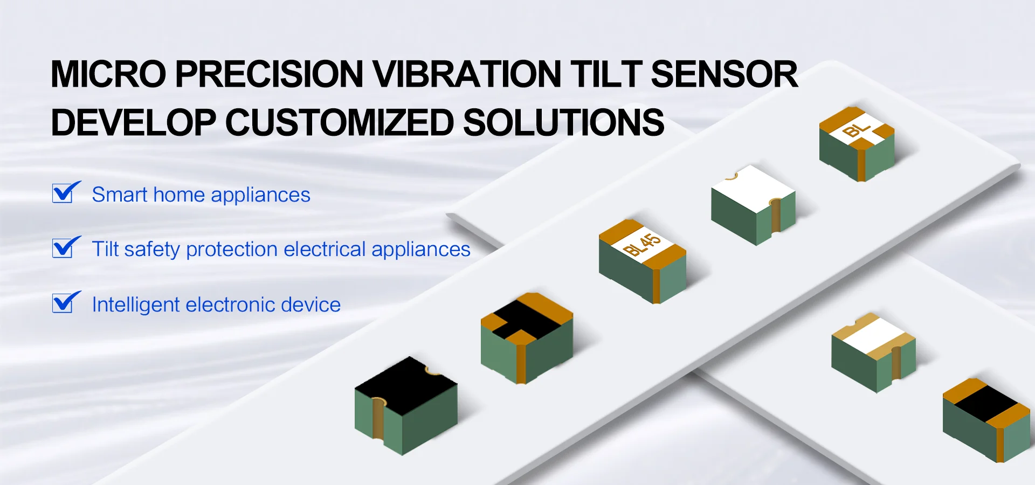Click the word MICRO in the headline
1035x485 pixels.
[x=108, y=74]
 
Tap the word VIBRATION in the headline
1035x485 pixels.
[x=467, y=74]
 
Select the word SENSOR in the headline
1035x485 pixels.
[x=724, y=74]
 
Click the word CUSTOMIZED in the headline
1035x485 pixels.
[x=339, y=123]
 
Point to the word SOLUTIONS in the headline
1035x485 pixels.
[x=564, y=123]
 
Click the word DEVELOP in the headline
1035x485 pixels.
[x=133, y=123]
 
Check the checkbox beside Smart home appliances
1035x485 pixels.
[x=66, y=192]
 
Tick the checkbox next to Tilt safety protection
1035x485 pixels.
[x=66, y=247]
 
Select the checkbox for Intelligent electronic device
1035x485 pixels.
[x=66, y=302]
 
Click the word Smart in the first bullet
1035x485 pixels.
[x=119, y=195]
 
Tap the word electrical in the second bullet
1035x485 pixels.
[x=325, y=250]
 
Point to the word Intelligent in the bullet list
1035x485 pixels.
[x=136, y=305]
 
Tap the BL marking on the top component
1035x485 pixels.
[x=857, y=130]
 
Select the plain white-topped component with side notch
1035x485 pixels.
[x=753, y=205]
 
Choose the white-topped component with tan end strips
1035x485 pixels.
[x=873, y=352]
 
